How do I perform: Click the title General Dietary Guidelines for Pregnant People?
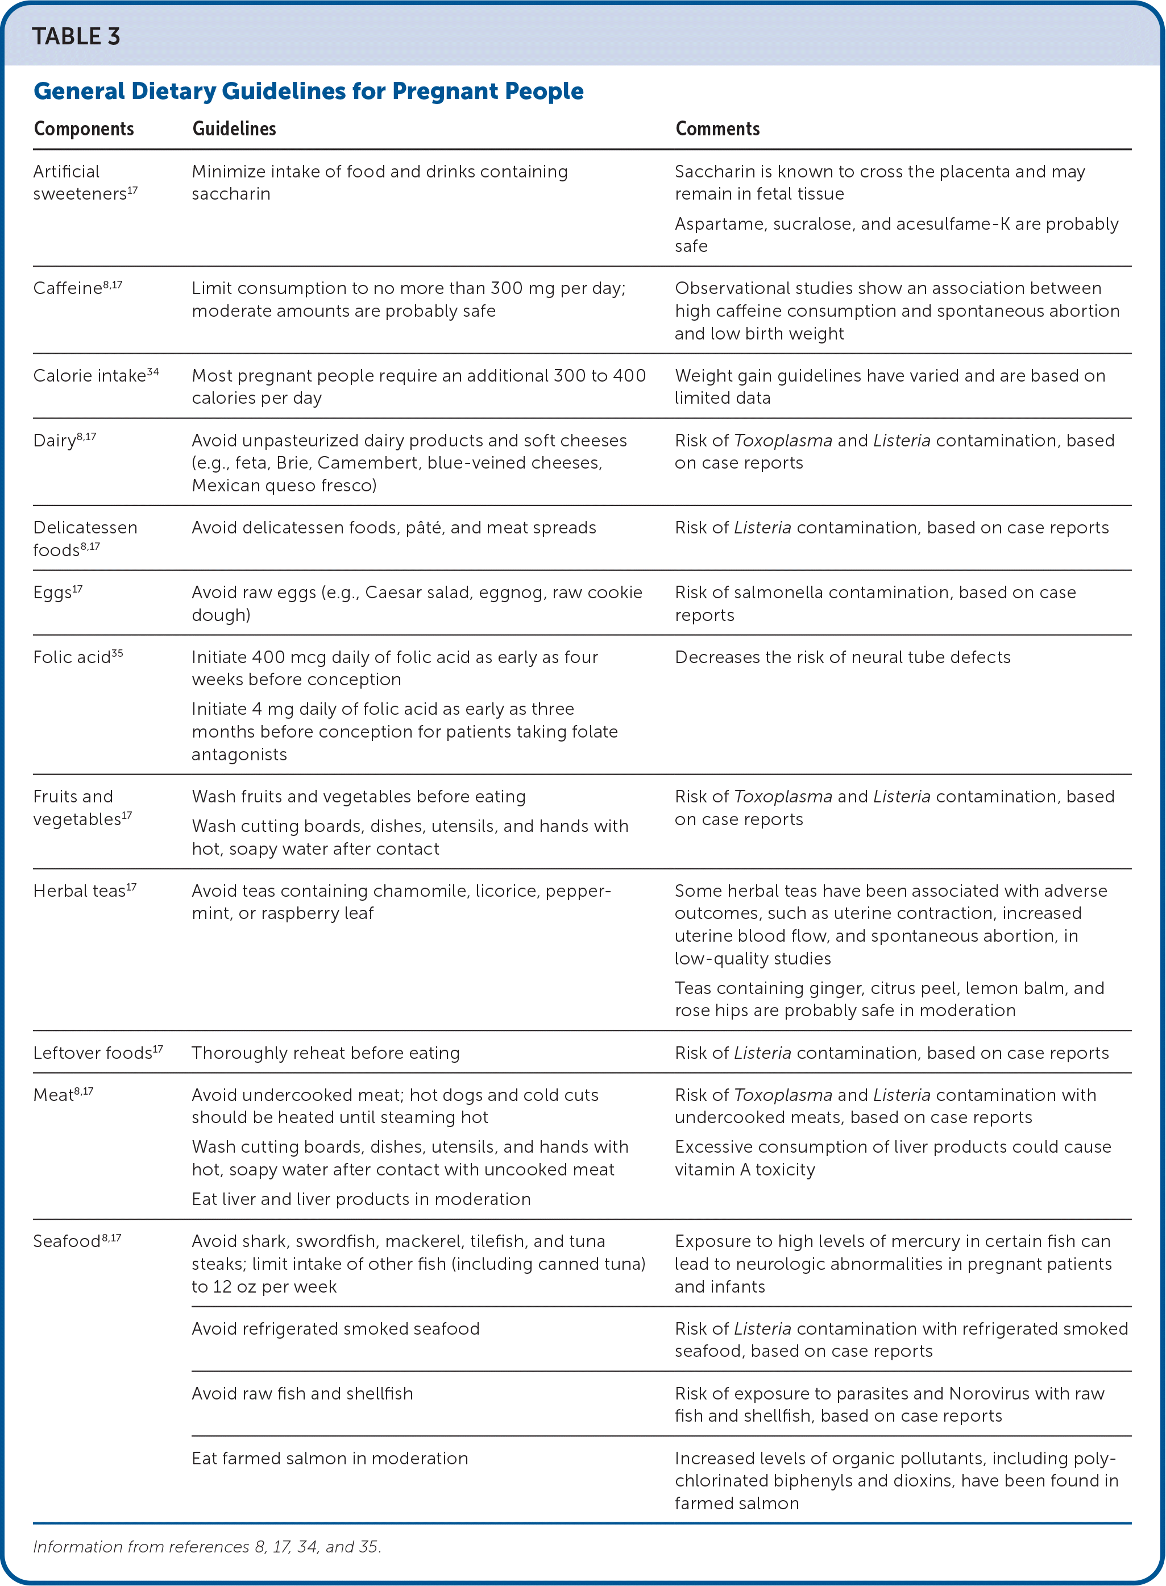point(309,91)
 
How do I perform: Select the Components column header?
point(84,129)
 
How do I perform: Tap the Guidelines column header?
point(234,129)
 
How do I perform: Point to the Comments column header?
point(717,129)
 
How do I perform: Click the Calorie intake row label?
point(90,375)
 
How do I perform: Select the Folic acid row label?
point(72,657)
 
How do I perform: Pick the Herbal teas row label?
point(79,891)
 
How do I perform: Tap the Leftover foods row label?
point(93,1053)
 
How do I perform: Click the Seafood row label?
point(67,1241)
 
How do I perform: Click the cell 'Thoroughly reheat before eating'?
point(325,1053)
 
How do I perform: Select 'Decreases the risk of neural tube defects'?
point(842,657)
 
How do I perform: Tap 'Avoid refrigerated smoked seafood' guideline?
point(335,1328)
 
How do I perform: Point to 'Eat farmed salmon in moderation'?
point(330,1458)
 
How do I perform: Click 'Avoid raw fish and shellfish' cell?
point(302,1393)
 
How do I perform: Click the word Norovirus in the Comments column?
point(996,1393)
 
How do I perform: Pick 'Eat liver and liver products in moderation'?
point(360,1199)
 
